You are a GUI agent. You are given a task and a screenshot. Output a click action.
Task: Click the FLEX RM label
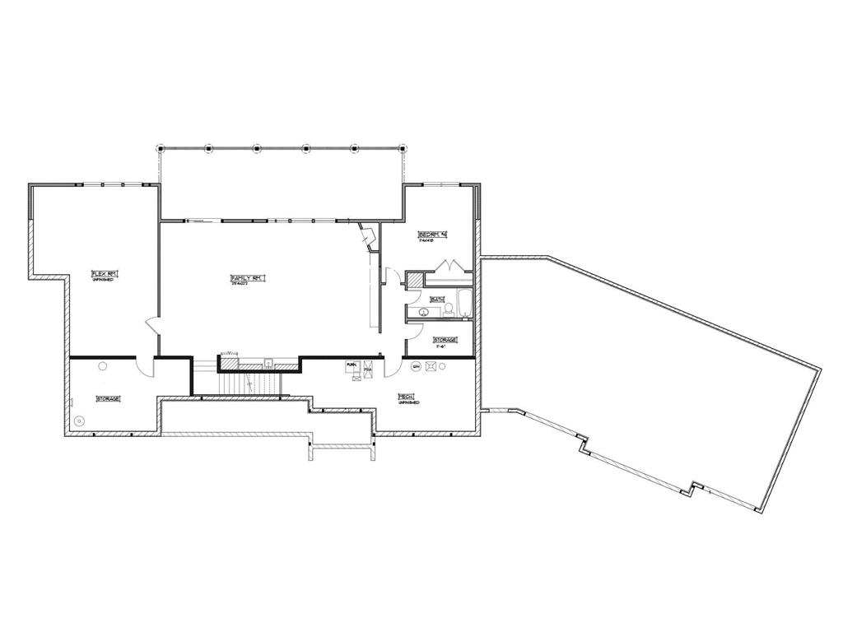click(x=102, y=273)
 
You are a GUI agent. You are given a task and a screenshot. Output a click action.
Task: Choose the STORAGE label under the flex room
click(x=109, y=398)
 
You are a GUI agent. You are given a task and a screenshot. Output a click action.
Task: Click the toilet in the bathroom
click(x=450, y=310)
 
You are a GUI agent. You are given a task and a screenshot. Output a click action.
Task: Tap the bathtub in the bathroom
click(x=463, y=303)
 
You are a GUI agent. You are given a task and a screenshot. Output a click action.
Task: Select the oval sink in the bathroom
click(x=421, y=313)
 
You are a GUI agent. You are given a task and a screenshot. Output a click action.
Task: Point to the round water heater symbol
click(x=429, y=367)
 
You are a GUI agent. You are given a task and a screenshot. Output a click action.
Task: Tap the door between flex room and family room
click(x=152, y=325)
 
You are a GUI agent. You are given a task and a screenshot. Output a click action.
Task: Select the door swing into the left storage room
click(x=145, y=367)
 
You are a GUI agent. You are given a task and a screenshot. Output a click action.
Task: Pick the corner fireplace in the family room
click(x=367, y=236)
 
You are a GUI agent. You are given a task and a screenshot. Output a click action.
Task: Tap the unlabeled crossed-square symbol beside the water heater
click(x=416, y=365)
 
